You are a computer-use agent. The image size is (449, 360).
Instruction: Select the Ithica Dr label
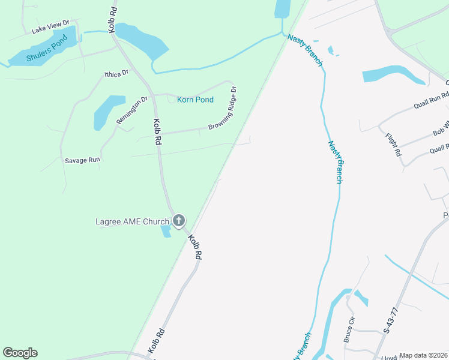click(x=116, y=74)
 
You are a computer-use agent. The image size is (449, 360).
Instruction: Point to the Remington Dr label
click(x=132, y=110)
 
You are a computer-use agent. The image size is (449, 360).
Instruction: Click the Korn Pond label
click(x=195, y=100)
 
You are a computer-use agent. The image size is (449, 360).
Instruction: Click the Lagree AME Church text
click(x=133, y=221)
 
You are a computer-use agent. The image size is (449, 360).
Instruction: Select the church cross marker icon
click(x=178, y=221)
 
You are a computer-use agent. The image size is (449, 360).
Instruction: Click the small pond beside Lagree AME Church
click(x=165, y=231)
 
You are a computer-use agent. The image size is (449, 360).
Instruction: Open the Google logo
click(x=20, y=353)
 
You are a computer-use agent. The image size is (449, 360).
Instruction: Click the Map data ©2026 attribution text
click(x=423, y=355)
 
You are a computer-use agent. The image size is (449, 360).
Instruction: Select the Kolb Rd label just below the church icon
click(x=194, y=247)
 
